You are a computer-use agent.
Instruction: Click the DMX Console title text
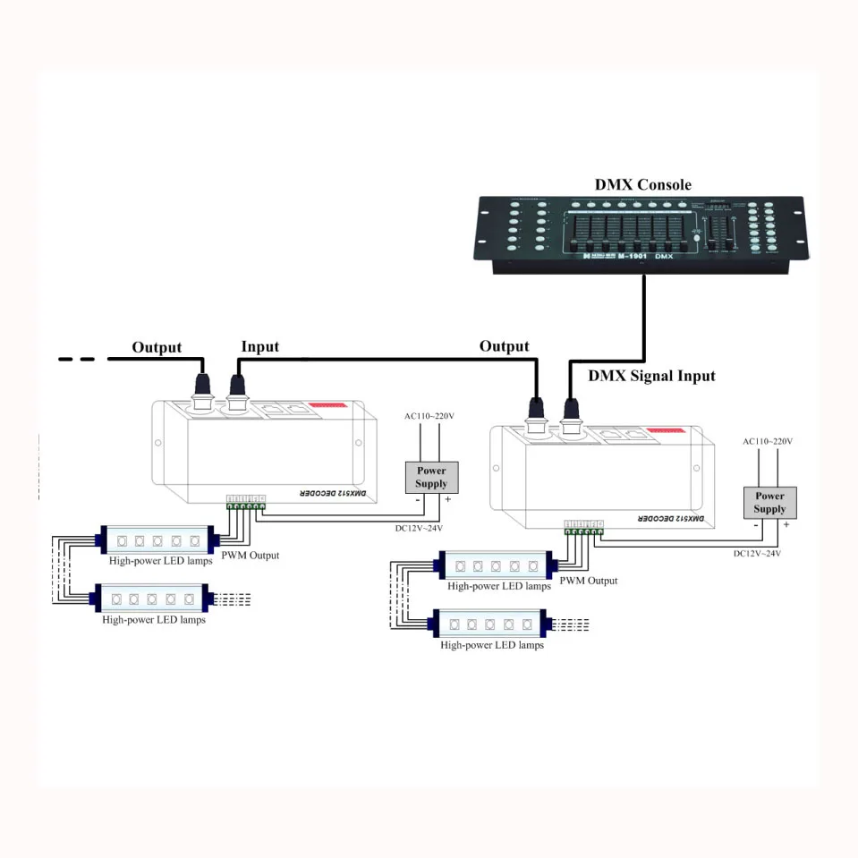[x=642, y=185]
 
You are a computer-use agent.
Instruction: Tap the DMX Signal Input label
[x=651, y=376]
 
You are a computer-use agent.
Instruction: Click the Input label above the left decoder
[x=259, y=346]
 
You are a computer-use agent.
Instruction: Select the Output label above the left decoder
[x=157, y=347]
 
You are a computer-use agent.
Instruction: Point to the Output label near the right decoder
[x=504, y=346]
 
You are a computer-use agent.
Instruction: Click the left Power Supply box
[x=431, y=477]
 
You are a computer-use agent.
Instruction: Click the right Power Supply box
[x=769, y=502]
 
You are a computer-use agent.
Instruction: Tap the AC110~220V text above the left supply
[x=430, y=416]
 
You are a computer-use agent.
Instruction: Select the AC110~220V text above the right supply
[x=768, y=441]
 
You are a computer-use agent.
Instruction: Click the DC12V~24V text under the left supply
[x=419, y=528]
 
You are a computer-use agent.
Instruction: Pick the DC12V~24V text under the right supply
[x=757, y=553]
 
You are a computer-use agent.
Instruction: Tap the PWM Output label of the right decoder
[x=588, y=581]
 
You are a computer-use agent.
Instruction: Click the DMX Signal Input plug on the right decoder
[x=570, y=412]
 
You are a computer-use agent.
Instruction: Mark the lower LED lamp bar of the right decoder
[x=491, y=624]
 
